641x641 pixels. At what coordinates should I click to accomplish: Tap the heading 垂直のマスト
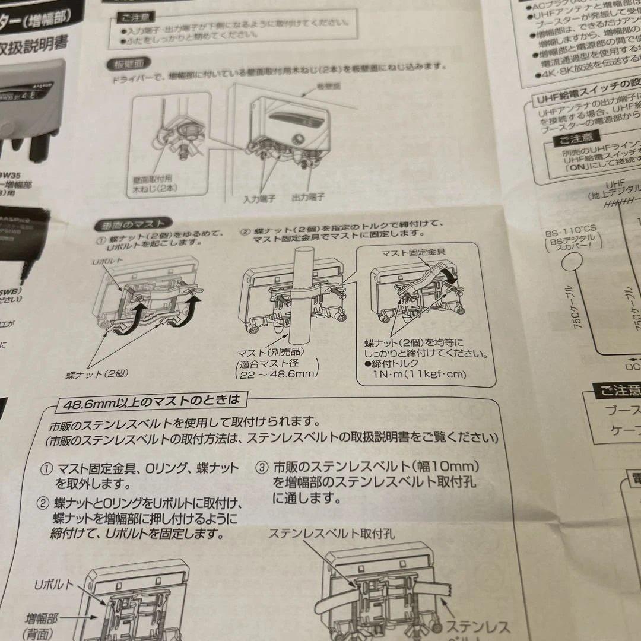134,224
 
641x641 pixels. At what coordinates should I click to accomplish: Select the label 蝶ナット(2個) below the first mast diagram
97,374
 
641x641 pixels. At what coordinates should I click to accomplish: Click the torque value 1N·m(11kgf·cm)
419,374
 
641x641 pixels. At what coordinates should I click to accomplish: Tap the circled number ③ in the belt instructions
262,467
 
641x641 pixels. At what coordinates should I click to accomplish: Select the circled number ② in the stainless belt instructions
43,504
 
